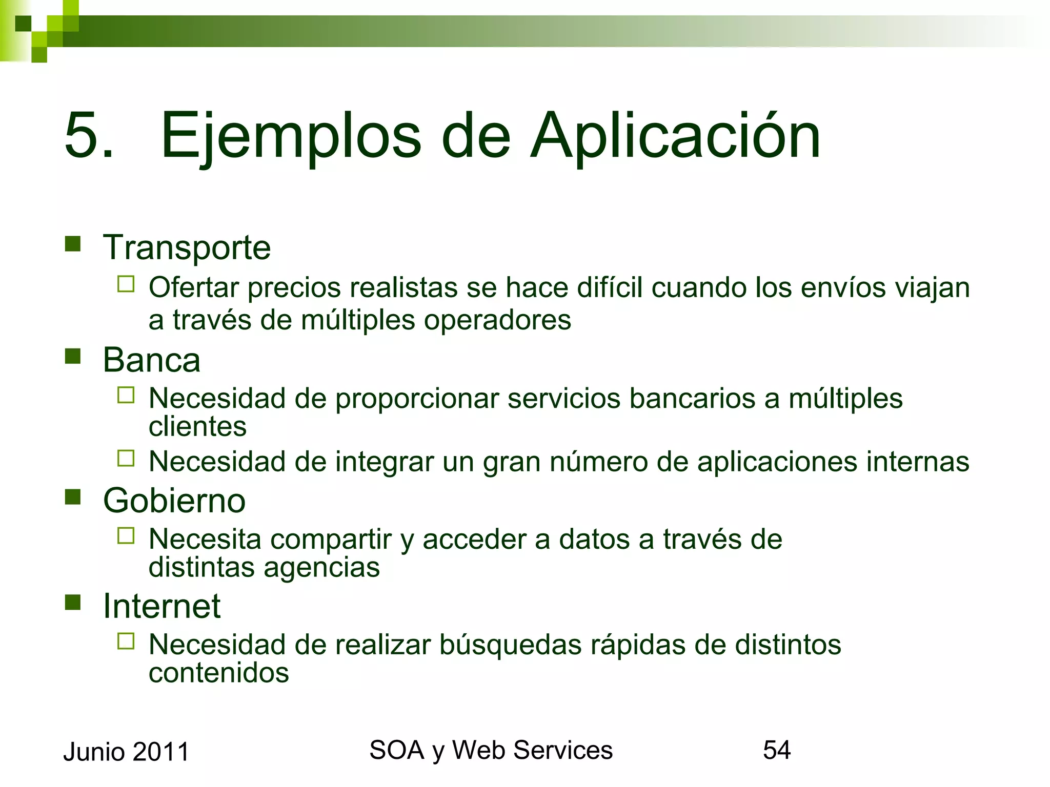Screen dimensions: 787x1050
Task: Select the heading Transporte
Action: pos(187,248)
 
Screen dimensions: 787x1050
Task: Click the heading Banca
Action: pos(151,360)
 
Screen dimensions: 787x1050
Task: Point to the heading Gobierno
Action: pos(174,501)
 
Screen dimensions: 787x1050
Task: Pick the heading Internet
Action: pos(161,606)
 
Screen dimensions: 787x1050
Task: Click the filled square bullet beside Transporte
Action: pos(73,244)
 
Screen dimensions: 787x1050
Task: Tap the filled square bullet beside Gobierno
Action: pos(73,496)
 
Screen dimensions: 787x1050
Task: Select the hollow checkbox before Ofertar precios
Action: pos(126,284)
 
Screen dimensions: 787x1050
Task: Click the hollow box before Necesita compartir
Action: pos(126,536)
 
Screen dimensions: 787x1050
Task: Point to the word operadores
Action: pos(497,320)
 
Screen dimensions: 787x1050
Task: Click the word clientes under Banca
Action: pos(197,426)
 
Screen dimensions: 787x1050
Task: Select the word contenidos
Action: pos(218,673)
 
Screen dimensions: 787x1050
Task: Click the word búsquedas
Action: pos(511,645)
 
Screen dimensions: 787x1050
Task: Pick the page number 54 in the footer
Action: pos(777,750)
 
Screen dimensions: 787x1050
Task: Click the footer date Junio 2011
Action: pos(126,752)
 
